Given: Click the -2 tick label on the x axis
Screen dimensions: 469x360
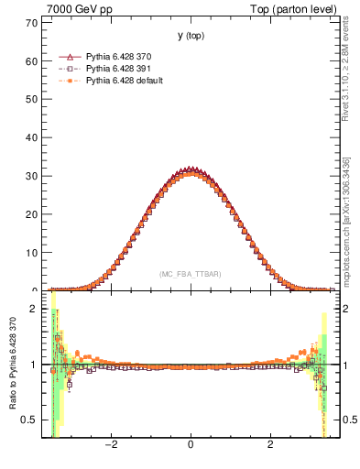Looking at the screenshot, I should [111, 445].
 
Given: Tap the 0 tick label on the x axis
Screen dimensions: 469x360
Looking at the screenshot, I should [190, 445].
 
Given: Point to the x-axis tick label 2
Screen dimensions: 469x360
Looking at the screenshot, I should [269, 445].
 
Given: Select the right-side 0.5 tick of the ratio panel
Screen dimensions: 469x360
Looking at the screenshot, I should [348, 420].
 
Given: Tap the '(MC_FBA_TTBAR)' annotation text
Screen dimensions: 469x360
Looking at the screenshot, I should [190, 274].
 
